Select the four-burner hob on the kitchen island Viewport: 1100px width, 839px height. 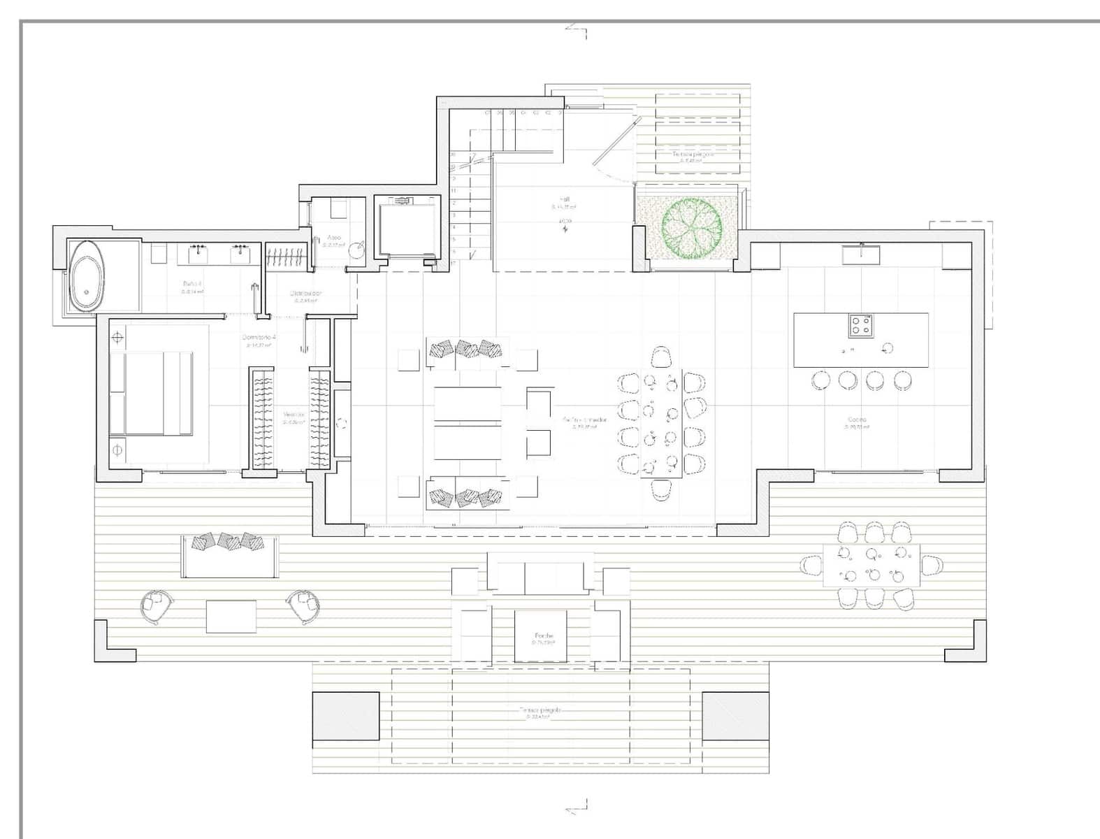(860, 325)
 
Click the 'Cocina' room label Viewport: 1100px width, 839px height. (857, 419)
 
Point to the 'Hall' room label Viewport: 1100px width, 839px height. (565, 200)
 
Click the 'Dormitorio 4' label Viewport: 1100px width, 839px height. (259, 337)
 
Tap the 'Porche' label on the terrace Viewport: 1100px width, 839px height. (543, 636)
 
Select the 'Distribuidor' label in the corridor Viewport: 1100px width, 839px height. (306, 294)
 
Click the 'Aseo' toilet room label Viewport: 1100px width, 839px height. (334, 238)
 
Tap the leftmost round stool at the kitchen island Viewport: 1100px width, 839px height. (820, 380)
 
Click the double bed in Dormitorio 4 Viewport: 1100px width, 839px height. (150, 394)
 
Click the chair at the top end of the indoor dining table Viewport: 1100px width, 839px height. (661, 357)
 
